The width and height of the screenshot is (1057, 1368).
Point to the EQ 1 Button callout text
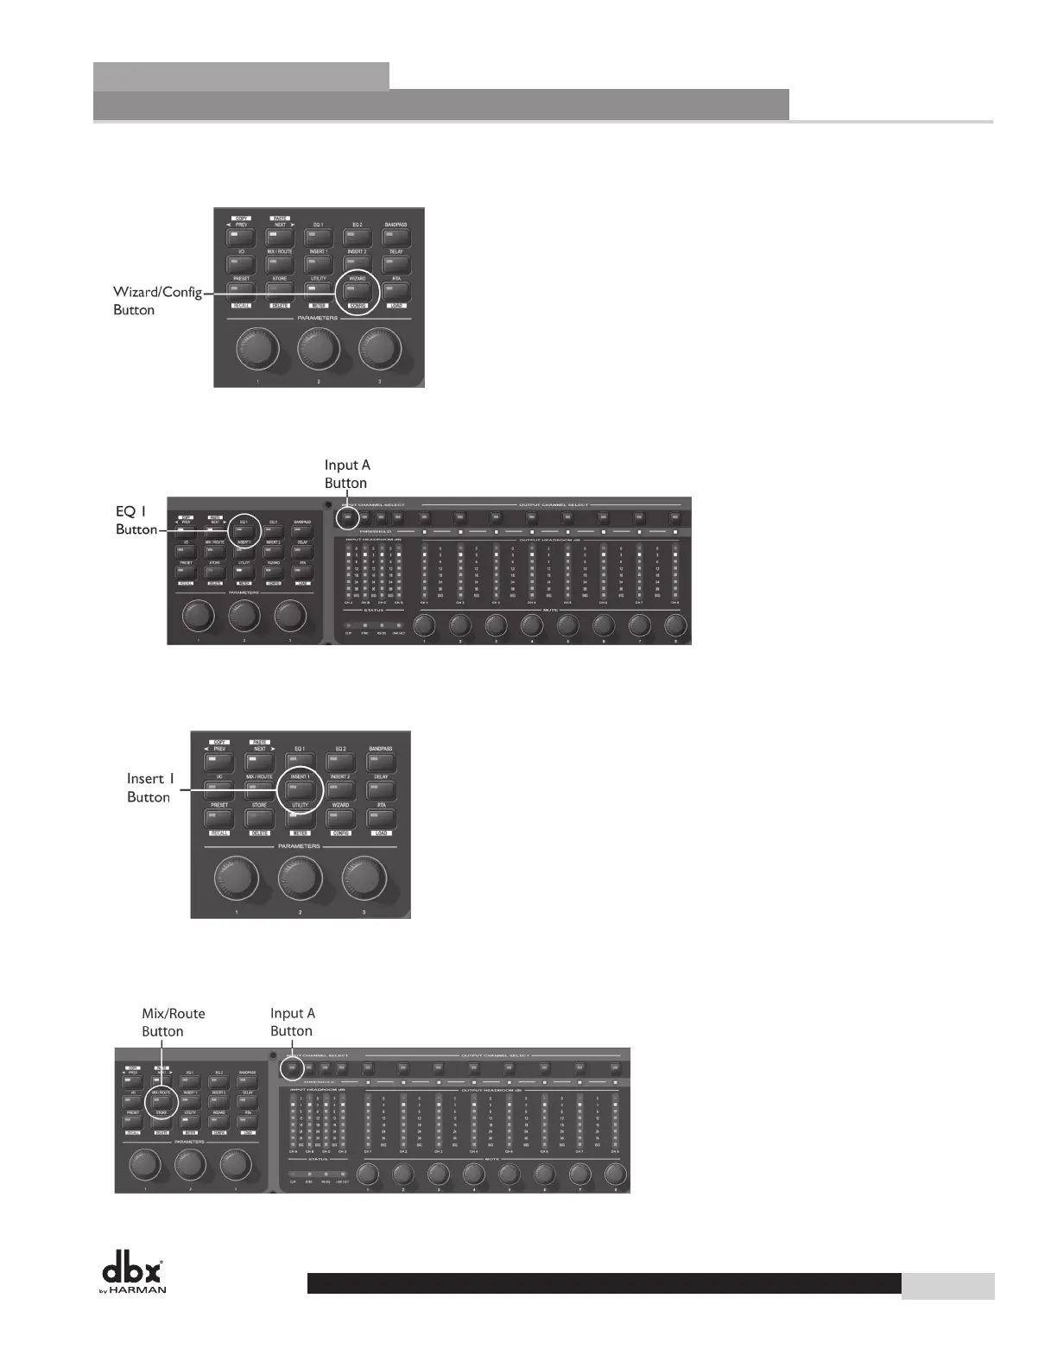pos(136,520)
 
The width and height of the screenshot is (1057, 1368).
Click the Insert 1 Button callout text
pos(150,788)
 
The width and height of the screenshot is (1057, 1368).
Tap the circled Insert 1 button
pos(300,789)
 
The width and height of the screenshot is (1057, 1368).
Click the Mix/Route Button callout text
pos(173,1022)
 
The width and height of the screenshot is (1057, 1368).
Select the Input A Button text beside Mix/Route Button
pos(293,1022)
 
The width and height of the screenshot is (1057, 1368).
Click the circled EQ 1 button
pos(243,532)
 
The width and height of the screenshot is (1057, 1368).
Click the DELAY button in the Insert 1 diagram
pos(381,789)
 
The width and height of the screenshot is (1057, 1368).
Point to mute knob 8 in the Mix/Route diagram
pos(615,1175)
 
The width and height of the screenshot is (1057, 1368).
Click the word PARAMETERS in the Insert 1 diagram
pos(300,845)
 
